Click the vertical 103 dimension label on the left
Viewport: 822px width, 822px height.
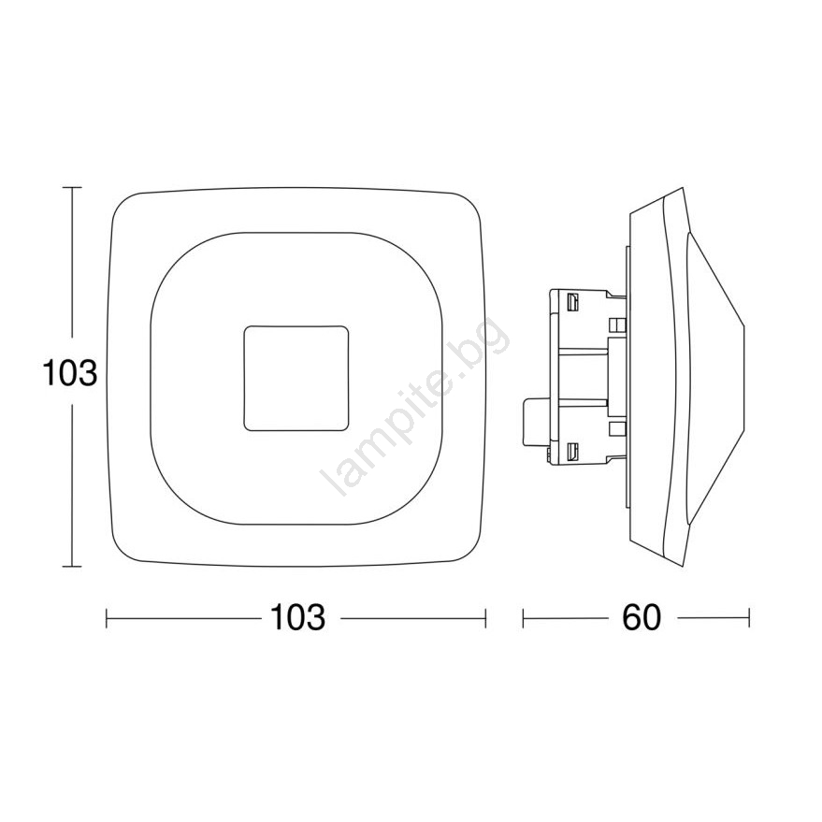tap(70, 373)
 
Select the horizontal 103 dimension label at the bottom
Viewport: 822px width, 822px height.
tap(297, 617)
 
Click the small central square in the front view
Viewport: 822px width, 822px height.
tap(296, 378)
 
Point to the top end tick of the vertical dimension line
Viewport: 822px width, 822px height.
tap(72, 187)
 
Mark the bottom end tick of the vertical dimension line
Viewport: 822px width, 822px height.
tap(72, 566)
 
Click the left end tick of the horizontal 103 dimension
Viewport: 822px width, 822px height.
tap(107, 618)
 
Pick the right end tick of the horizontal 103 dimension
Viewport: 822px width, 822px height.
tap(486, 618)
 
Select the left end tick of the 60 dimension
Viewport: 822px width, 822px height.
tap(523, 618)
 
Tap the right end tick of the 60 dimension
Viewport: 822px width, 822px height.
tap(749, 618)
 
